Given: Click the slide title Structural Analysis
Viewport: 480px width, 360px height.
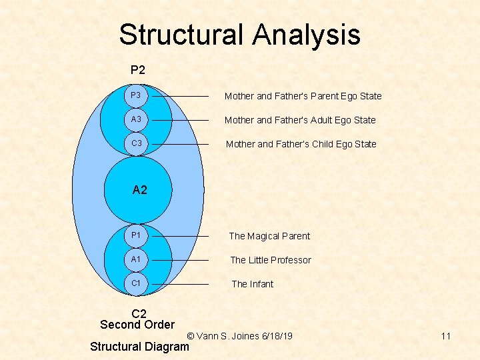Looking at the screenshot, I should [239, 35].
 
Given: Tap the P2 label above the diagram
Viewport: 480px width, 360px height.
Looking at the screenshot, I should [138, 69].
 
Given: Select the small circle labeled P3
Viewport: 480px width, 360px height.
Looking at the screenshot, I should [137, 96].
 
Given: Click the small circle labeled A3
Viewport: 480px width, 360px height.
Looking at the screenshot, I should [137, 120].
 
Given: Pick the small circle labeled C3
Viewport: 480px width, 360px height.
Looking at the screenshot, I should [137, 144].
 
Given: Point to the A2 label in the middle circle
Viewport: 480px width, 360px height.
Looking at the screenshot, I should [139, 190].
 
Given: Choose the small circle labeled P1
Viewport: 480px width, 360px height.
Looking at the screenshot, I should [137, 236].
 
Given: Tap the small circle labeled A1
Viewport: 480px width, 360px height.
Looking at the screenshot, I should [137, 260].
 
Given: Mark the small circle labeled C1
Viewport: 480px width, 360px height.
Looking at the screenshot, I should [137, 284].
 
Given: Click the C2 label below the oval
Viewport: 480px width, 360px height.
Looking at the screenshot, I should [139, 313].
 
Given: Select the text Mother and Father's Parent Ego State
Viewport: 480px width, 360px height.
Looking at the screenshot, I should [303, 96].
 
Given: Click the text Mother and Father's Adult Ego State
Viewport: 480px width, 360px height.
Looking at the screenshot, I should [300, 120].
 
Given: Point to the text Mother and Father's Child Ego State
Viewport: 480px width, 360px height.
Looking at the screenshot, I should [301, 144].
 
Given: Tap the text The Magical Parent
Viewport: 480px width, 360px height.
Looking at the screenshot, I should [269, 236].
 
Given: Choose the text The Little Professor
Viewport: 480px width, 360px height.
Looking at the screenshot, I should [271, 260].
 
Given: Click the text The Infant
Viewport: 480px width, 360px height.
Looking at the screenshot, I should [252, 284].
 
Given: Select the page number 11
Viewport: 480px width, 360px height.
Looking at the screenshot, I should [445, 336].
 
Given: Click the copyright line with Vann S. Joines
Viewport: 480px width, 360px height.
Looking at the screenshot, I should [240, 336].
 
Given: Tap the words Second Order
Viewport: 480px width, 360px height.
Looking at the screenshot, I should [137, 325].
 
